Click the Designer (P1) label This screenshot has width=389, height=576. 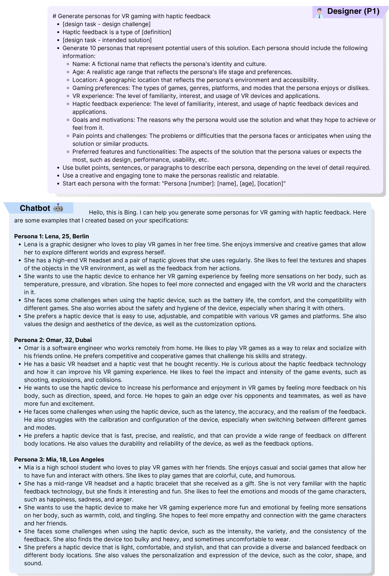353,11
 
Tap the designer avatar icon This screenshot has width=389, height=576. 319,13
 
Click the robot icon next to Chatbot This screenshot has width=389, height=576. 58,208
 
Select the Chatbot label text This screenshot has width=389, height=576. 35,208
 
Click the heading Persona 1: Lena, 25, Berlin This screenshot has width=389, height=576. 52,236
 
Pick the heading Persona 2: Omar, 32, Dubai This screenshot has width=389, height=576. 53,340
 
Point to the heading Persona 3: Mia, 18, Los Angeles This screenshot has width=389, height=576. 59,459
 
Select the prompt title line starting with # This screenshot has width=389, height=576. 131,16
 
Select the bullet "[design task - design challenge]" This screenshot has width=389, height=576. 106,24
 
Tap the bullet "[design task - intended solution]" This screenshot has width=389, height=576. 107,40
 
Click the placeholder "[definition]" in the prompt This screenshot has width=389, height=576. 156,32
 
